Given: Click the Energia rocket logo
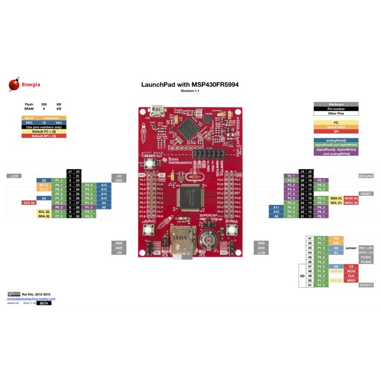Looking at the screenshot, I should (x=14, y=85).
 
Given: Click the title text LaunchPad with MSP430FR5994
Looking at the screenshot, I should (x=190, y=84).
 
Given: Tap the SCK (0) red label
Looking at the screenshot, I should (x=29, y=202).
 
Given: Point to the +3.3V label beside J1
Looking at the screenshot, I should (x=13, y=176).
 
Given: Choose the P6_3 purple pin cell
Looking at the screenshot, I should (x=59, y=207).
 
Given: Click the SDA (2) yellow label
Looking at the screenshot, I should (x=44, y=216).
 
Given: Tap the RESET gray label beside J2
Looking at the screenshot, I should (x=366, y=194).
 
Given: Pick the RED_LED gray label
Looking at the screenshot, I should (x=366, y=248).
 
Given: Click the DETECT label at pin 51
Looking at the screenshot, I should (x=366, y=285).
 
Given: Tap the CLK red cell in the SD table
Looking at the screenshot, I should (x=351, y=275).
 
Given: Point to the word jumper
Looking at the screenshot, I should (x=351, y=248).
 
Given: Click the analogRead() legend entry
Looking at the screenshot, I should (x=336, y=140).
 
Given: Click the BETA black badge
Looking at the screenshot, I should (x=43, y=303).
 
